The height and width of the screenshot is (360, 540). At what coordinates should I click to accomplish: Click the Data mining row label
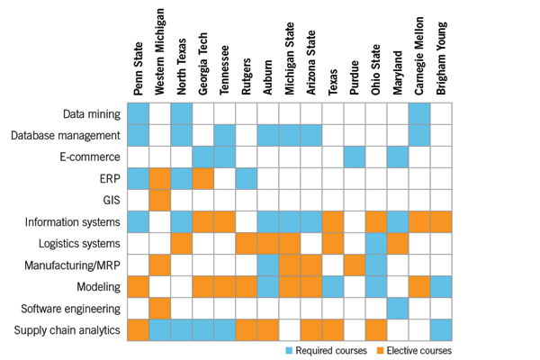click(94, 114)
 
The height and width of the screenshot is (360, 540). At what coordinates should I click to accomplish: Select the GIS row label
click(109, 201)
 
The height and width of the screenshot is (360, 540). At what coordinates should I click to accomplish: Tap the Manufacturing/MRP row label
click(76, 265)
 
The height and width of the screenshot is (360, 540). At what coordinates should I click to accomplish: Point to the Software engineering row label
click(72, 309)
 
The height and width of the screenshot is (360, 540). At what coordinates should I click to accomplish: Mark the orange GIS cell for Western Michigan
click(159, 201)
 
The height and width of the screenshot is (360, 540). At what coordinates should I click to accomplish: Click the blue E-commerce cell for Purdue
click(355, 157)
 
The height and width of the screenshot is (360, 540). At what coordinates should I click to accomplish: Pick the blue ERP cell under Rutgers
click(247, 179)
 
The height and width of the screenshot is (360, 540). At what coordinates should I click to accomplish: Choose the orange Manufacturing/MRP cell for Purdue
click(355, 265)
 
